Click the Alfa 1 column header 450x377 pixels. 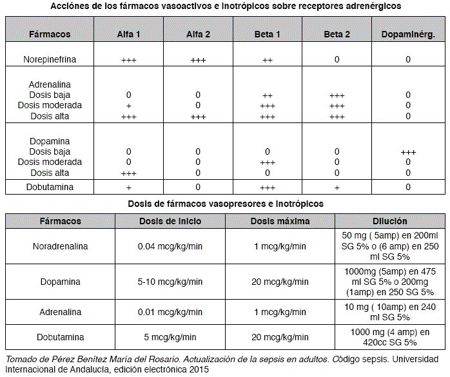pyautogui.click(x=129, y=34)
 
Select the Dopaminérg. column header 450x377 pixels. pyautogui.click(x=408, y=34)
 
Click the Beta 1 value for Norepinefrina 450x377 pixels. pyautogui.click(x=268, y=60)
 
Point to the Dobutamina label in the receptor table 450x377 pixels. pyautogui.click(x=50, y=187)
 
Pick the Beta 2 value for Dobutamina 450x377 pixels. pyautogui.click(x=337, y=188)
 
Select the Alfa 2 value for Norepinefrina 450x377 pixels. pyautogui.click(x=198, y=60)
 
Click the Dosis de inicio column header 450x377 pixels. pyautogui.click(x=170, y=221)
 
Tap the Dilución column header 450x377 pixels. pyautogui.click(x=390, y=221)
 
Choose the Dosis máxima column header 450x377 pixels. pyautogui.click(x=280, y=221)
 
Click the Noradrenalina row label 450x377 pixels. pyautogui.click(x=61, y=246)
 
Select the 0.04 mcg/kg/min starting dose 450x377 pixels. pyautogui.click(x=170, y=246)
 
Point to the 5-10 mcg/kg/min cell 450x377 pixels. pyautogui.click(x=170, y=282)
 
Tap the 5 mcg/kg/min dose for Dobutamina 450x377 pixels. pyautogui.click(x=170, y=336)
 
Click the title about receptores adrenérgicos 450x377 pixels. pyautogui.click(x=226, y=5)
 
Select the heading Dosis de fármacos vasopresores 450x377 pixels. pyautogui.click(x=226, y=203)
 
